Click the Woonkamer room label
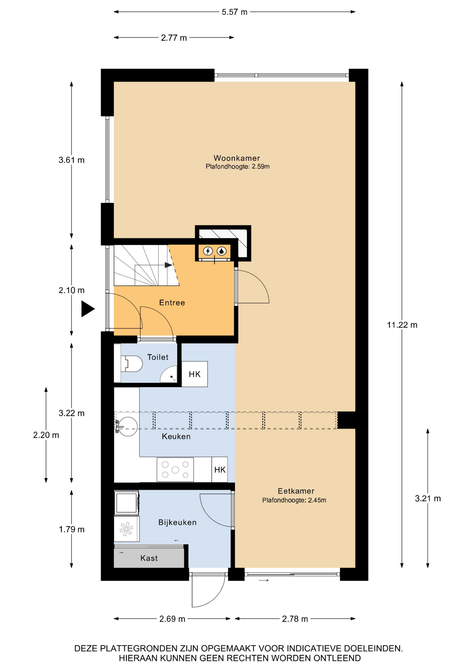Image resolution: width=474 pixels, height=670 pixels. point(237,158)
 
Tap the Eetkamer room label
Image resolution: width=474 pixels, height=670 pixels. point(296,491)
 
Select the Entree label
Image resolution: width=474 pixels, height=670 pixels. point(172,303)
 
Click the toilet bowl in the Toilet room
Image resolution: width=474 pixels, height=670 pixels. point(132,364)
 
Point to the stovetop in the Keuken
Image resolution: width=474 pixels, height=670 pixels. point(175,470)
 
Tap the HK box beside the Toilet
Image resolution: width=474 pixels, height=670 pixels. point(195,374)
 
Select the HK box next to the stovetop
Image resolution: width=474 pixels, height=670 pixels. point(220,470)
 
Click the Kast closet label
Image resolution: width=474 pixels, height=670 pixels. point(149,558)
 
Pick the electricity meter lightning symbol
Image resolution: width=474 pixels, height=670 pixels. point(208,251)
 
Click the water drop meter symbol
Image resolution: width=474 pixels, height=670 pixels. point(222,251)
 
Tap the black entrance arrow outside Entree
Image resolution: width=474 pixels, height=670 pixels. point(88,309)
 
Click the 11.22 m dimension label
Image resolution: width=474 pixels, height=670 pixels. point(402,325)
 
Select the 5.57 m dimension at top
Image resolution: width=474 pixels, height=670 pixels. point(235,12)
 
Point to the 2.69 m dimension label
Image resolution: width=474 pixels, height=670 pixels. point(172,619)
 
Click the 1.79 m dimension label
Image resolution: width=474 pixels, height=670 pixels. point(72,529)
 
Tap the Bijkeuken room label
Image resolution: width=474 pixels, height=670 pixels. point(177,522)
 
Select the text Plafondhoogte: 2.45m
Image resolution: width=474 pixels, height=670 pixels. point(294,500)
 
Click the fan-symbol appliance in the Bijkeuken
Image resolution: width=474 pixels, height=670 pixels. point(126,529)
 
